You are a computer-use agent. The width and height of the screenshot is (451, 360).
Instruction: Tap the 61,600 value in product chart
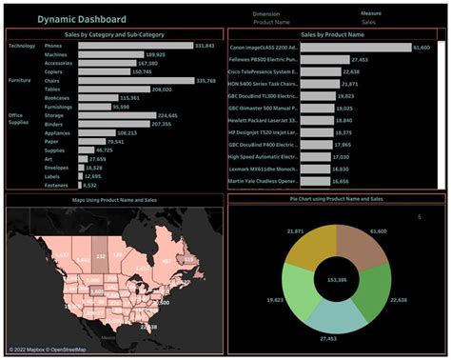click(x=422, y=46)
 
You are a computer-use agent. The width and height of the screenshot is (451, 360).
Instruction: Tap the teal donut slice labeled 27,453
click(x=333, y=317)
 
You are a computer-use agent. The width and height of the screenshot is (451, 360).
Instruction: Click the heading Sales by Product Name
click(x=332, y=33)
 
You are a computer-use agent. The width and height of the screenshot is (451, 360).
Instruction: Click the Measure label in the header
click(x=371, y=13)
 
